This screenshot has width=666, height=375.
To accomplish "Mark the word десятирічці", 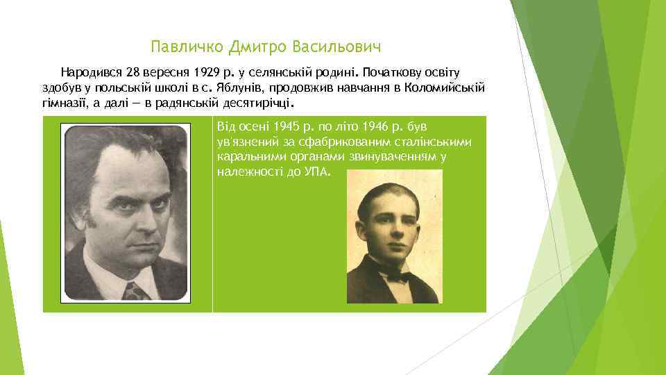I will [261, 103].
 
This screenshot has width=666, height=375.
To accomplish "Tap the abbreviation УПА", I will [318, 172].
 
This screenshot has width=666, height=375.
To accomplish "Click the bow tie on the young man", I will [395, 276].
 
